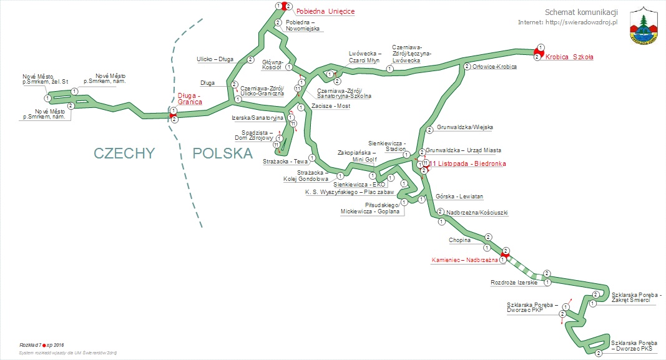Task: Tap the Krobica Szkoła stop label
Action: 569,57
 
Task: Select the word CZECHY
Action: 124,153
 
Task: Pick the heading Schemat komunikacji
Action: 580,12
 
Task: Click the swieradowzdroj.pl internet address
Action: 567,22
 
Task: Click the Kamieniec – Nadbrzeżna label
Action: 464,260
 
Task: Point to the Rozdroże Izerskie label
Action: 514,283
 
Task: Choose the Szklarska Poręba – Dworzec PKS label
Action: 635,346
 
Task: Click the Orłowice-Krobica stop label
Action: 494,67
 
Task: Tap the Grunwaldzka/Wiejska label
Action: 464,127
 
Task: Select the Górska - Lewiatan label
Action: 459,197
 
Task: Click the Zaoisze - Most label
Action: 331,106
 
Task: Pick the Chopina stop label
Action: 459,240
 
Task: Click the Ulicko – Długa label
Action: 215,59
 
